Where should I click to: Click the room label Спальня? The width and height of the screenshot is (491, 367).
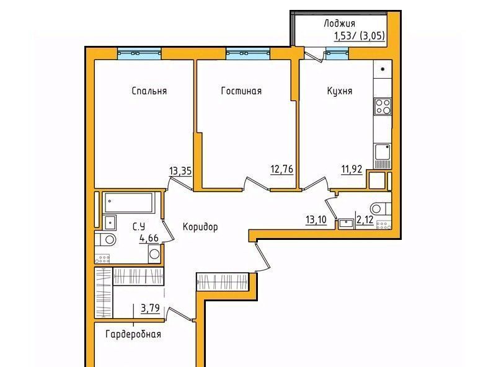click(149, 91)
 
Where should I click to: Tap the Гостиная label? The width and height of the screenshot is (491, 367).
click(241, 91)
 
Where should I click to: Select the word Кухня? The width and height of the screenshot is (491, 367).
click(340, 91)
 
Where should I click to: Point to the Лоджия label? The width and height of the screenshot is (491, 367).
click(340, 24)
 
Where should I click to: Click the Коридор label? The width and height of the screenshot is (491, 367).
click(200, 227)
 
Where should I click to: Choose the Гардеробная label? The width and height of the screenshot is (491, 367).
click(133, 334)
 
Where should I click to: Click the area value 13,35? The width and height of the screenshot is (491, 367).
click(180, 171)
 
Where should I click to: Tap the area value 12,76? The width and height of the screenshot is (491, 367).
click(282, 169)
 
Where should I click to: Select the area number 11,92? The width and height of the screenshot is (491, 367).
click(352, 169)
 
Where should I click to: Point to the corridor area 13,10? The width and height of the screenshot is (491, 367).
click(316, 219)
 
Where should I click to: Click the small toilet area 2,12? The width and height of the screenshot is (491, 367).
click(365, 219)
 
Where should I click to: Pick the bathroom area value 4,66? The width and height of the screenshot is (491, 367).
click(149, 238)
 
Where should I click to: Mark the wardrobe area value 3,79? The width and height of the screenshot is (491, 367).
click(150, 309)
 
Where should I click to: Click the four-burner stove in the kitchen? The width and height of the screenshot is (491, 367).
click(383, 107)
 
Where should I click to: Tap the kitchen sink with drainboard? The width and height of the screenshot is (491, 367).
click(383, 156)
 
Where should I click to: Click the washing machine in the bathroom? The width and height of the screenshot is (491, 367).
click(154, 254)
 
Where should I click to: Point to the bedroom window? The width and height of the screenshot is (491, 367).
click(139, 53)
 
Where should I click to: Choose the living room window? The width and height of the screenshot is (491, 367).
click(248, 53)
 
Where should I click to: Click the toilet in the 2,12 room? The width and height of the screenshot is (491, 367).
click(380, 208)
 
